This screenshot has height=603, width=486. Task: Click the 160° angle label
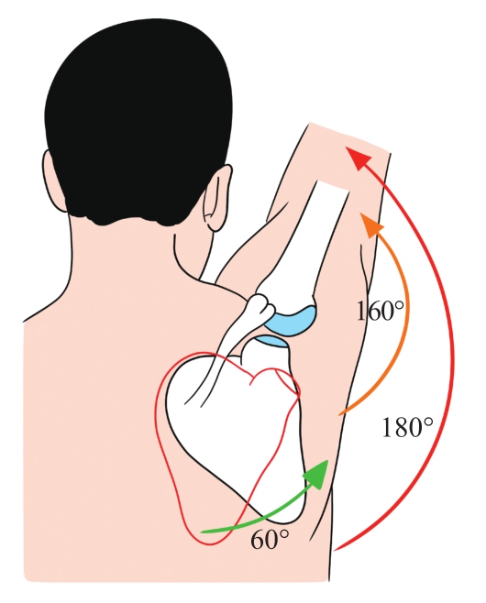pos(381,311)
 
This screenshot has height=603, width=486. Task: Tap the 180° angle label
pos(407,427)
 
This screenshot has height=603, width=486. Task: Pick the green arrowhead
pos(317,475)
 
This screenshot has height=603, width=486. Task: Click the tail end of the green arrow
pos(203,532)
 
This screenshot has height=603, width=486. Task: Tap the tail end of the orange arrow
pos(339,414)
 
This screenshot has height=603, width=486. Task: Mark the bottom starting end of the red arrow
pos(336,550)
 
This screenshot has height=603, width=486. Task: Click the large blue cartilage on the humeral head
pos(293,319)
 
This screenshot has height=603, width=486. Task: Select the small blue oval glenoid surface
pos(271,341)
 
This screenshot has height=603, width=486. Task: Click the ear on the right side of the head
pos(218,198)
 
